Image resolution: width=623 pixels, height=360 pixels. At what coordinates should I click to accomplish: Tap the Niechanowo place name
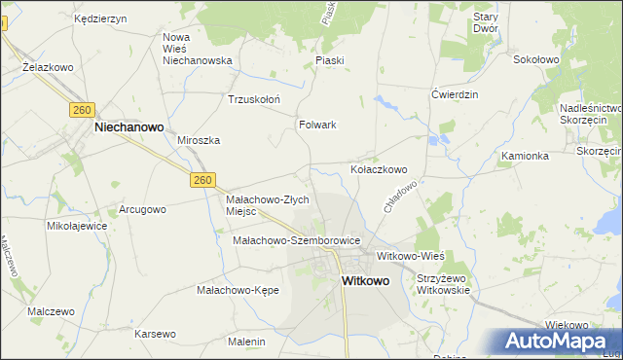tap(128, 126)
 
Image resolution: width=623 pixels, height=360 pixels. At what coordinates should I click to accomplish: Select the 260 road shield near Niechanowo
tap(81, 111)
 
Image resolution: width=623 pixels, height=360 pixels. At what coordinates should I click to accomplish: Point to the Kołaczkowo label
tap(379, 168)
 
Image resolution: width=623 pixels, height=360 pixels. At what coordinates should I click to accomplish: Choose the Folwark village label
tap(317, 125)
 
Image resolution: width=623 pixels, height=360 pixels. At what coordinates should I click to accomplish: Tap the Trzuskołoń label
tap(253, 99)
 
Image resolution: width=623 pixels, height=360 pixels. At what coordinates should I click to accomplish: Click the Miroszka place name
tap(199, 140)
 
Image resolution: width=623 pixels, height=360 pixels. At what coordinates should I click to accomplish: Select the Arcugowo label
tap(142, 209)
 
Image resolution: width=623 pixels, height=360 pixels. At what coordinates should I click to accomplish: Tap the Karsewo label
tap(156, 334)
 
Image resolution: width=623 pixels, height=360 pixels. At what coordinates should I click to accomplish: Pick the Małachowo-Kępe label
tap(238, 290)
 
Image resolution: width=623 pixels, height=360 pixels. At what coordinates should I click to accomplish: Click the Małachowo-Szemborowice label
tap(297, 240)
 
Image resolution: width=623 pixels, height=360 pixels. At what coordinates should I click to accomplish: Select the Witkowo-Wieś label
tap(410, 255)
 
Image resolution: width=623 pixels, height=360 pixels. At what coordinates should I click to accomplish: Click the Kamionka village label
tap(526, 156)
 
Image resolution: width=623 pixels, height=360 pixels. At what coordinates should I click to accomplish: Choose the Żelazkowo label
tap(49, 68)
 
